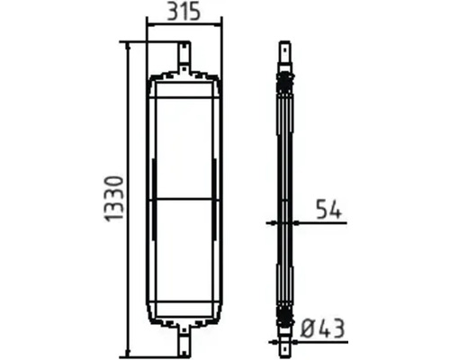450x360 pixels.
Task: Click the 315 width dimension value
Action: pos(184,13)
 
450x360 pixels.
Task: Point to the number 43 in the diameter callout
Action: pos(335,328)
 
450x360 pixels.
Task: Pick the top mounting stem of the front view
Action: pos(184,55)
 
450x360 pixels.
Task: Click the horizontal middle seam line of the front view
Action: pos(184,198)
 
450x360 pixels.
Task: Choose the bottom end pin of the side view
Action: pos(285,343)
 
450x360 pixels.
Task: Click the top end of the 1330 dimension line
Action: pos(131,41)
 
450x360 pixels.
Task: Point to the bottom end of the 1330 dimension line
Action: pos(131,354)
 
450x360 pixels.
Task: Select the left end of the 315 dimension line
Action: pos(147,26)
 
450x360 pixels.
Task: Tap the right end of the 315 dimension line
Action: pos(221,26)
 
